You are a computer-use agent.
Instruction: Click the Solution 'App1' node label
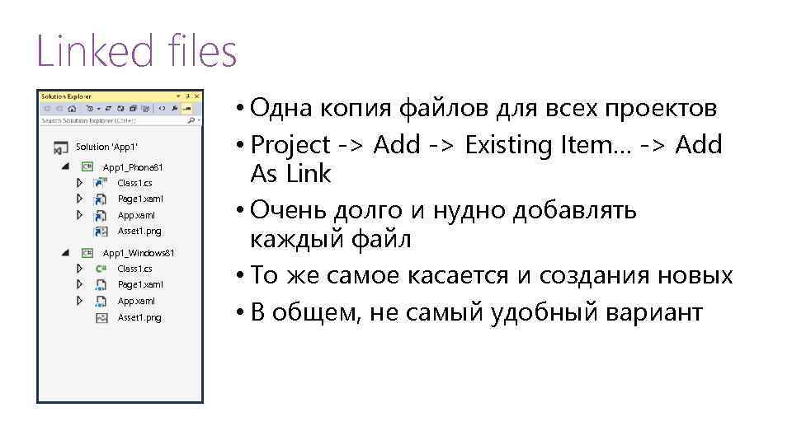point(103,148)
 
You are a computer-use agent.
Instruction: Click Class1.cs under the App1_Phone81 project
point(134,183)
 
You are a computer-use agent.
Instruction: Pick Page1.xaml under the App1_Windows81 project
point(140,284)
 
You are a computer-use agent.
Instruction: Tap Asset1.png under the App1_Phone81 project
point(139,231)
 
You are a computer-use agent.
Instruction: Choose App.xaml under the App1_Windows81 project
point(136,301)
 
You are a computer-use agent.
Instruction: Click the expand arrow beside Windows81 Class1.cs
point(80,269)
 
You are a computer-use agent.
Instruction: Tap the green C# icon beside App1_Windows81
point(87,252)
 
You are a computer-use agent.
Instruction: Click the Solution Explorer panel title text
point(66,96)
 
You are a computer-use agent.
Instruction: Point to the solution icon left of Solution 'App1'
point(60,148)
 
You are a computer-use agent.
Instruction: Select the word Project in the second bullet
point(290,145)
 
